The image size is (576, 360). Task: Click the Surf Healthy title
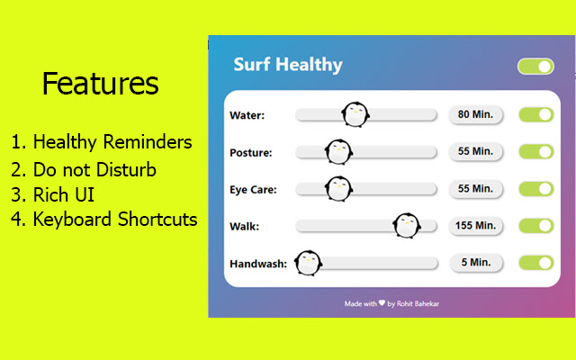pyautogui.click(x=288, y=65)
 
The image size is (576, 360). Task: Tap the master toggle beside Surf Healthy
pyautogui.click(x=535, y=66)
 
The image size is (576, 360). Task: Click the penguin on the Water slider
pyautogui.click(x=355, y=113)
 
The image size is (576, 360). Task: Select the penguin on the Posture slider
pyautogui.click(x=337, y=151)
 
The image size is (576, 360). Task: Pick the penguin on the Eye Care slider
pyautogui.click(x=338, y=188)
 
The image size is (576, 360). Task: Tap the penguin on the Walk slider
pyautogui.click(x=407, y=225)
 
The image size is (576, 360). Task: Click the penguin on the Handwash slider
pyautogui.click(x=308, y=263)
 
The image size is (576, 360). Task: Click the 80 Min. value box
pyautogui.click(x=475, y=114)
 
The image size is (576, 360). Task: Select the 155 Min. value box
pyautogui.click(x=475, y=225)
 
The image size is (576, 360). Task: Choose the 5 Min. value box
pyautogui.click(x=475, y=262)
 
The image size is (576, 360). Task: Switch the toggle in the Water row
pyautogui.click(x=535, y=114)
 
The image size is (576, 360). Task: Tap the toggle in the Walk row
pyautogui.click(x=535, y=225)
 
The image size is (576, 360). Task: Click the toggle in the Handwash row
pyautogui.click(x=535, y=262)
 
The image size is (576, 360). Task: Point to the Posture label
pyautogui.click(x=251, y=152)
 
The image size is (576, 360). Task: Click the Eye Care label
pyautogui.click(x=253, y=189)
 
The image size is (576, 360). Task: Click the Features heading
pyautogui.click(x=100, y=84)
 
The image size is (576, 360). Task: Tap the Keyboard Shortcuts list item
pyautogui.click(x=104, y=219)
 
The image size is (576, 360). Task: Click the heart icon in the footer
pyautogui.click(x=382, y=303)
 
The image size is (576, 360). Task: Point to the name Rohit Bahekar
pyautogui.click(x=418, y=303)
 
